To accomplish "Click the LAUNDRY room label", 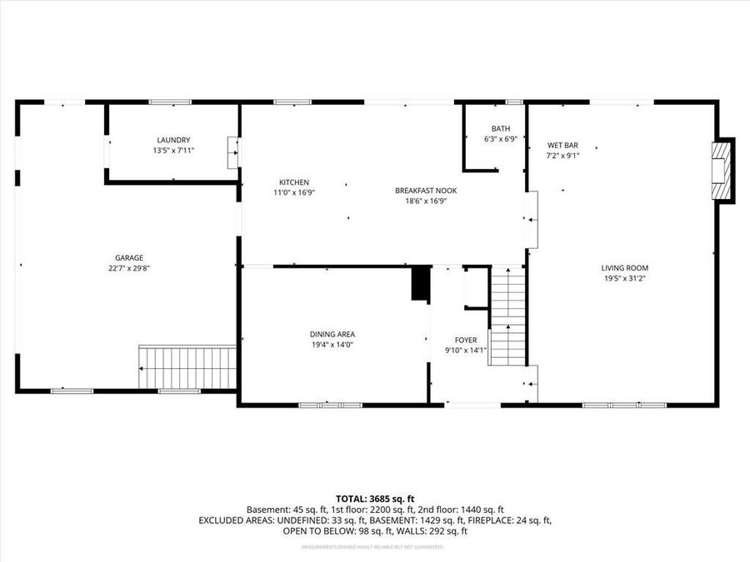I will point(172,140).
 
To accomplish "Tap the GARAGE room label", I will point(129,257).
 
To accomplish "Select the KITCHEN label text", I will point(294,182).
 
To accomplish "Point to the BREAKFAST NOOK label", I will point(426,190).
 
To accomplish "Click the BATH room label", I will point(500,129).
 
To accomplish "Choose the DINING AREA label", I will point(332,334).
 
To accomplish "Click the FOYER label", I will point(466,340).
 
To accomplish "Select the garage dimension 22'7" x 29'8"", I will point(129,268).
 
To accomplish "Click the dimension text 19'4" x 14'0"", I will point(332,345).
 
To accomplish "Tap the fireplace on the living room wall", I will point(722,171).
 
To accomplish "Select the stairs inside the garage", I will point(188,367).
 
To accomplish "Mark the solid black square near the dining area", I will point(420,284).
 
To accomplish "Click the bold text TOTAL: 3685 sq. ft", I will point(374,498).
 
